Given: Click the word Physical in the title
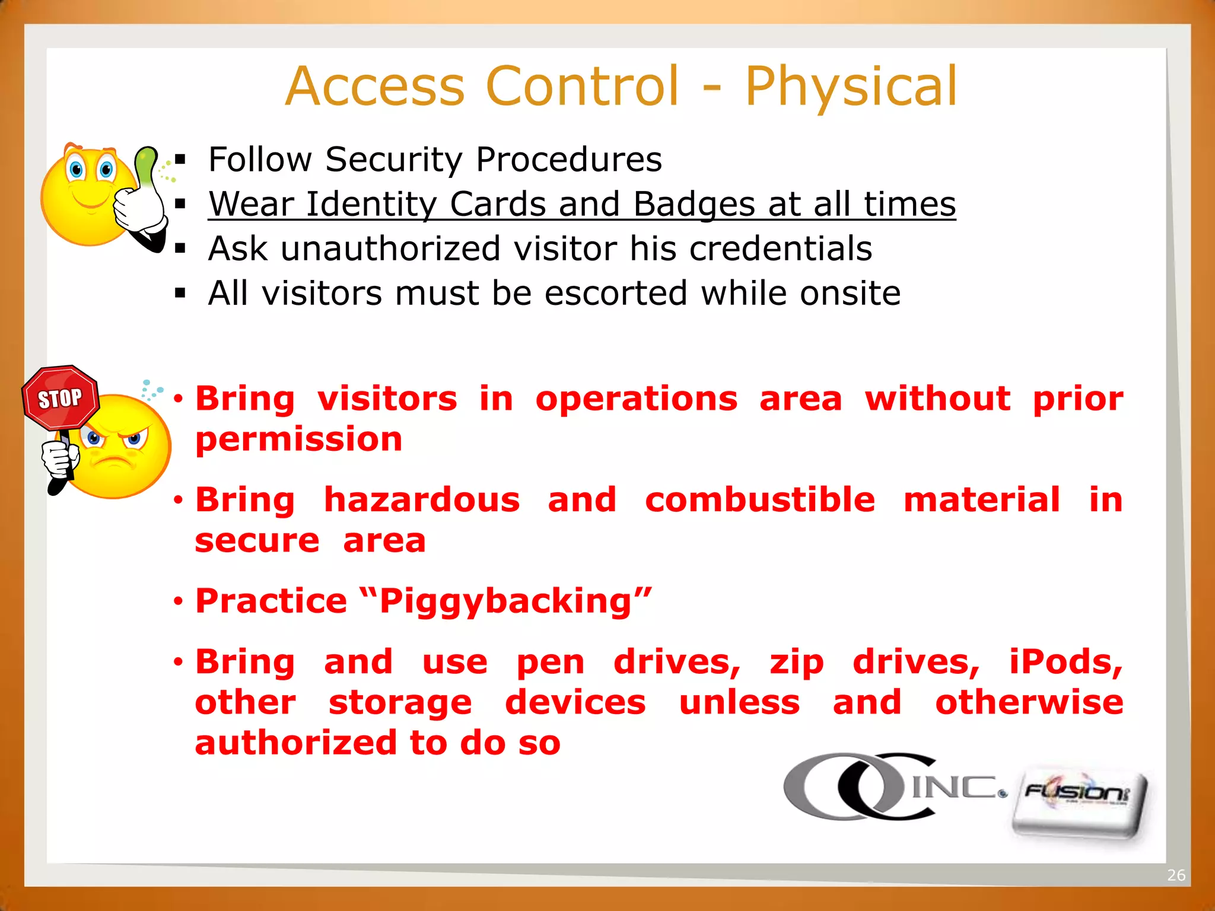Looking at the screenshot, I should (851, 87).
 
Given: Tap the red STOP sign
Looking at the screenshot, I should (61, 398).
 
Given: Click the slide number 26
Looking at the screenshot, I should (1175, 875).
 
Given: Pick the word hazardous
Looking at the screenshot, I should (422, 500).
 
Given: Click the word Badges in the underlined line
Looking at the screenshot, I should (694, 205).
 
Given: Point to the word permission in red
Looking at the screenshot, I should (298, 440).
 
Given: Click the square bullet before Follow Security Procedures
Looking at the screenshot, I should (180, 160).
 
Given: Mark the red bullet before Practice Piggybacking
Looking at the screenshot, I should (178, 602).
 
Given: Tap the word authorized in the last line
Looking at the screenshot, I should (295, 744).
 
